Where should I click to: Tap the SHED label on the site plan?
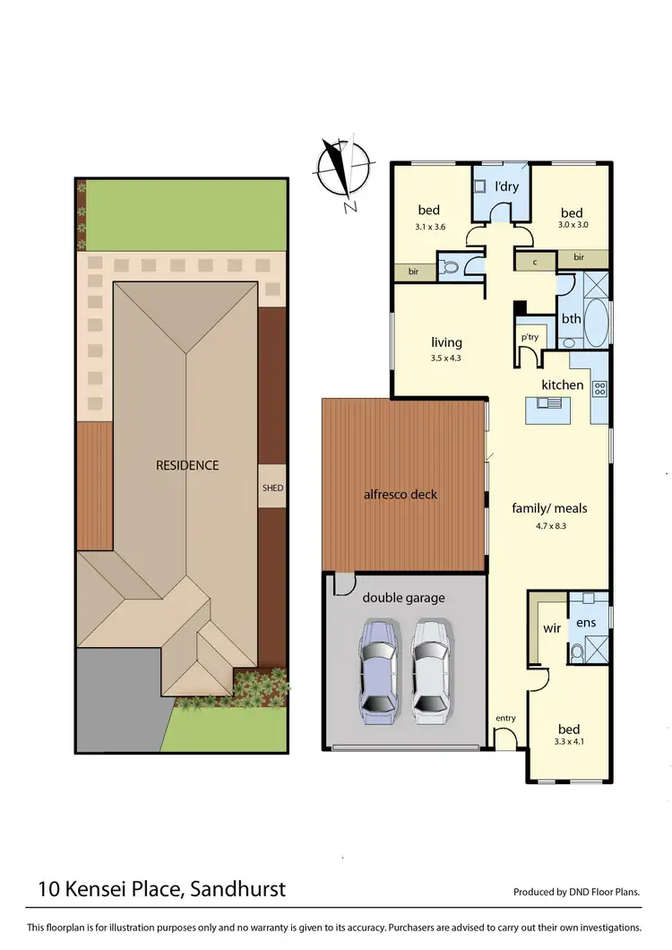pyautogui.click(x=272, y=488)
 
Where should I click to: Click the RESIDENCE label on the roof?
pyautogui.click(x=187, y=465)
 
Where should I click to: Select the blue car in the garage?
pyautogui.click(x=377, y=671)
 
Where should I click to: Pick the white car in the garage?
pyautogui.click(x=428, y=671)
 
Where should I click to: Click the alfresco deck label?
pyautogui.click(x=400, y=494)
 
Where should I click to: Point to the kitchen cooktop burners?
pyautogui.click(x=599, y=389)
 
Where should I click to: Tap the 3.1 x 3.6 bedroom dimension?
pyautogui.click(x=430, y=227)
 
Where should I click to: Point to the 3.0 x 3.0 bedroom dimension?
pyautogui.click(x=573, y=226)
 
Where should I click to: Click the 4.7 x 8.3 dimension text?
pyautogui.click(x=551, y=526)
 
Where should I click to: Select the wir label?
pyautogui.click(x=552, y=628)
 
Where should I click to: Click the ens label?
pyautogui.click(x=586, y=621)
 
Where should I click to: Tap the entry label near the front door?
pyautogui.click(x=505, y=719)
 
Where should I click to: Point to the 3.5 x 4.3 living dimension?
pyautogui.click(x=445, y=358)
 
